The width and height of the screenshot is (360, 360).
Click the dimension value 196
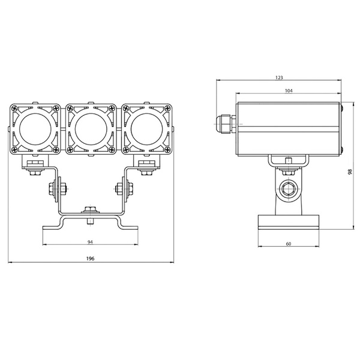(x=91, y=259)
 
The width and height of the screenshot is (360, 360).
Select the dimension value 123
(x=279, y=77)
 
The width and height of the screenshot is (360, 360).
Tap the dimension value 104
(x=289, y=90)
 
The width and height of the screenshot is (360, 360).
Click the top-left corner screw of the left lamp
(x=14, y=108)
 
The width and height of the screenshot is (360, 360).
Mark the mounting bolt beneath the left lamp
(x=35, y=169)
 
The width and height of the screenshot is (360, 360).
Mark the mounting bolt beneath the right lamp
(x=146, y=169)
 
